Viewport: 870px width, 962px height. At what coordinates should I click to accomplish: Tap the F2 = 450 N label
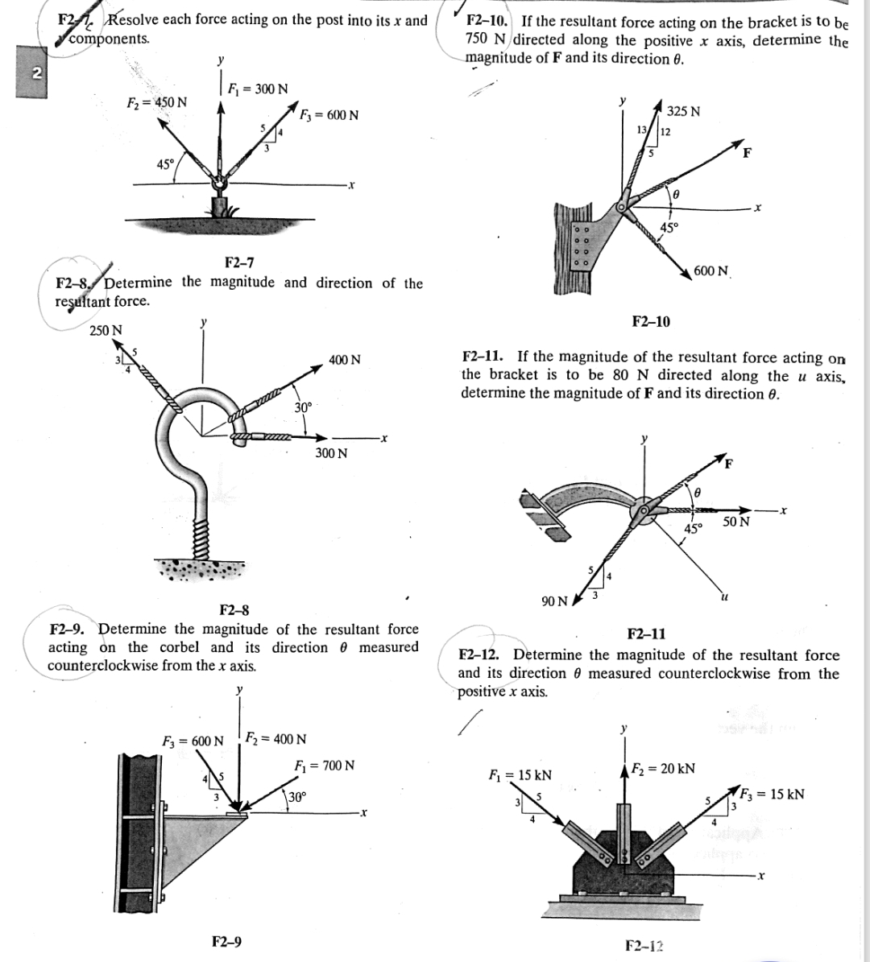(157, 103)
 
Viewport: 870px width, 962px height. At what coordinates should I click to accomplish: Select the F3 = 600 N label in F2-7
(329, 115)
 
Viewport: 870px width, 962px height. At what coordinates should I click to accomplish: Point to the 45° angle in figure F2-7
(165, 164)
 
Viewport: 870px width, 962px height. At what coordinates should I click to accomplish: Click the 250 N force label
(106, 331)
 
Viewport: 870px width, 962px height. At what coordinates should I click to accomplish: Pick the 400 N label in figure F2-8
(345, 360)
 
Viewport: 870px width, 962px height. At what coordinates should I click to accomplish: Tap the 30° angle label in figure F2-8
(303, 407)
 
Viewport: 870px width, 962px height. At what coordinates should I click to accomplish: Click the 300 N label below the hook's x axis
(331, 453)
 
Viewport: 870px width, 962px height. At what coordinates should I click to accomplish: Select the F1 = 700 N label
(325, 766)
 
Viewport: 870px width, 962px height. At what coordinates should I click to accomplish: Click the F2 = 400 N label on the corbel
(275, 739)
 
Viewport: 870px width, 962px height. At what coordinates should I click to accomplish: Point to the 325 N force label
(684, 111)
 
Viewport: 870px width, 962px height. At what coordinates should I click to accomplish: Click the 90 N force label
(554, 601)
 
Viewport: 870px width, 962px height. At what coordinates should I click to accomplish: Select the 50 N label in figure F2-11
(736, 522)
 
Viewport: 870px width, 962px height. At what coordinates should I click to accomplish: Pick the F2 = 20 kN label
(662, 769)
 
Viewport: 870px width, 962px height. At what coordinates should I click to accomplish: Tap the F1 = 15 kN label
(520, 775)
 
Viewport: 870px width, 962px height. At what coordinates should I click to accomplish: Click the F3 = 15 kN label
(773, 794)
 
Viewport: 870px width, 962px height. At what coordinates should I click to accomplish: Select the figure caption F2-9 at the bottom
(226, 940)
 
